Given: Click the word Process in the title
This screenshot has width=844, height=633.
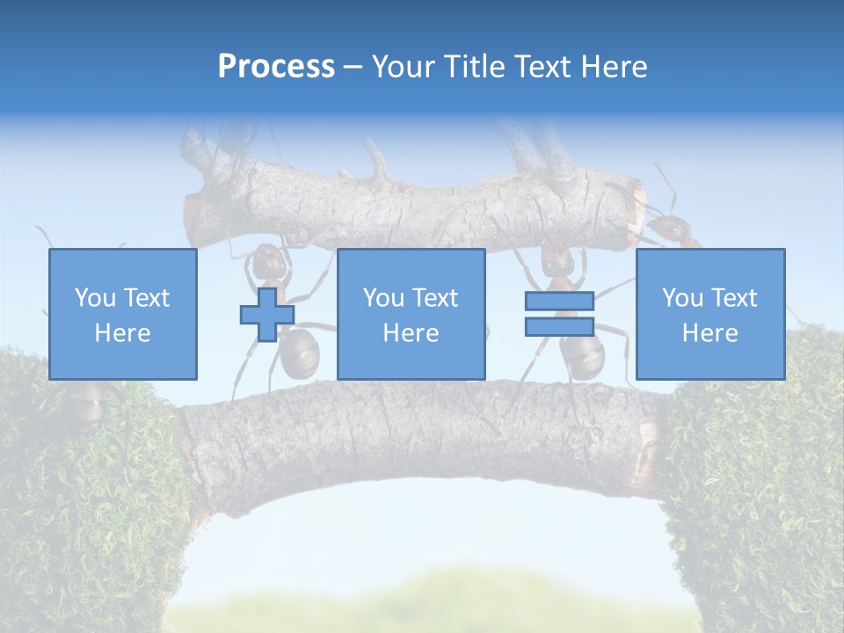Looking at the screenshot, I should (276, 66).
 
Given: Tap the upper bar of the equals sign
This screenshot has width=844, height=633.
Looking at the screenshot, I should (559, 302).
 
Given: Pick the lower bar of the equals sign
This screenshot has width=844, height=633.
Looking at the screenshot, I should (559, 327).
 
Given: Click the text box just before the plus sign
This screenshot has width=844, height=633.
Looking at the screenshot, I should (123, 314).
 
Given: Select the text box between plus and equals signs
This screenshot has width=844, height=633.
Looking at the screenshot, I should (411, 314).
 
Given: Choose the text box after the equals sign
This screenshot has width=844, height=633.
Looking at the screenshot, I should (709, 314).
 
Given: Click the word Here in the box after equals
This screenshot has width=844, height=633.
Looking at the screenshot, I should (709, 333).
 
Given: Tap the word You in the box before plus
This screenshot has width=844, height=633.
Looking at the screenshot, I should (95, 298).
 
